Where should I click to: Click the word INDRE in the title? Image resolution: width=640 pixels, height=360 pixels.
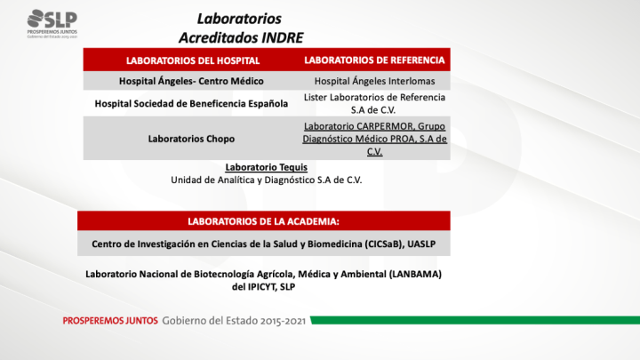(276, 37)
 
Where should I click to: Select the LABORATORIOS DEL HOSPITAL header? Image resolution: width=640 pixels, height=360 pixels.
(193, 60)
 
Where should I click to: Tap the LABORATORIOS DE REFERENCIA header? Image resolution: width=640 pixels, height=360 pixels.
(374, 60)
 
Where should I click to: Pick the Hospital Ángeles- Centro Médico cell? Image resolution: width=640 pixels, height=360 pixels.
(193, 81)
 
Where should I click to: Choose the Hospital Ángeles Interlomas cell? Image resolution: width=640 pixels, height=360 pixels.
(374, 81)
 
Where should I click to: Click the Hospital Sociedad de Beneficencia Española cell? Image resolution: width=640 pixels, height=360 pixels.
(192, 103)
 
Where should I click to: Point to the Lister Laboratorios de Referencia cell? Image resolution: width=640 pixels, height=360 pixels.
(374, 103)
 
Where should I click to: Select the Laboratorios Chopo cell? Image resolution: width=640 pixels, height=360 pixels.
(193, 139)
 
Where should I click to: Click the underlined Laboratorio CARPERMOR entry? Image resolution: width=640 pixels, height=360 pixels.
(374, 139)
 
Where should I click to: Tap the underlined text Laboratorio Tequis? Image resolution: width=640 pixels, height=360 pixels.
(266, 166)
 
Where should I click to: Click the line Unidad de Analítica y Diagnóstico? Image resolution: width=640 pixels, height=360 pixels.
(266, 179)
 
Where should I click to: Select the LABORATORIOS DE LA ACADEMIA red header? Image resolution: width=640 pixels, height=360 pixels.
(264, 220)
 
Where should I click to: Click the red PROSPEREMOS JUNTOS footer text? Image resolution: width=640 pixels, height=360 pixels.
(110, 320)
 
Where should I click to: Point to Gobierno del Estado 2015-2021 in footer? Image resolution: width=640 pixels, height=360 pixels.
(234, 320)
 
